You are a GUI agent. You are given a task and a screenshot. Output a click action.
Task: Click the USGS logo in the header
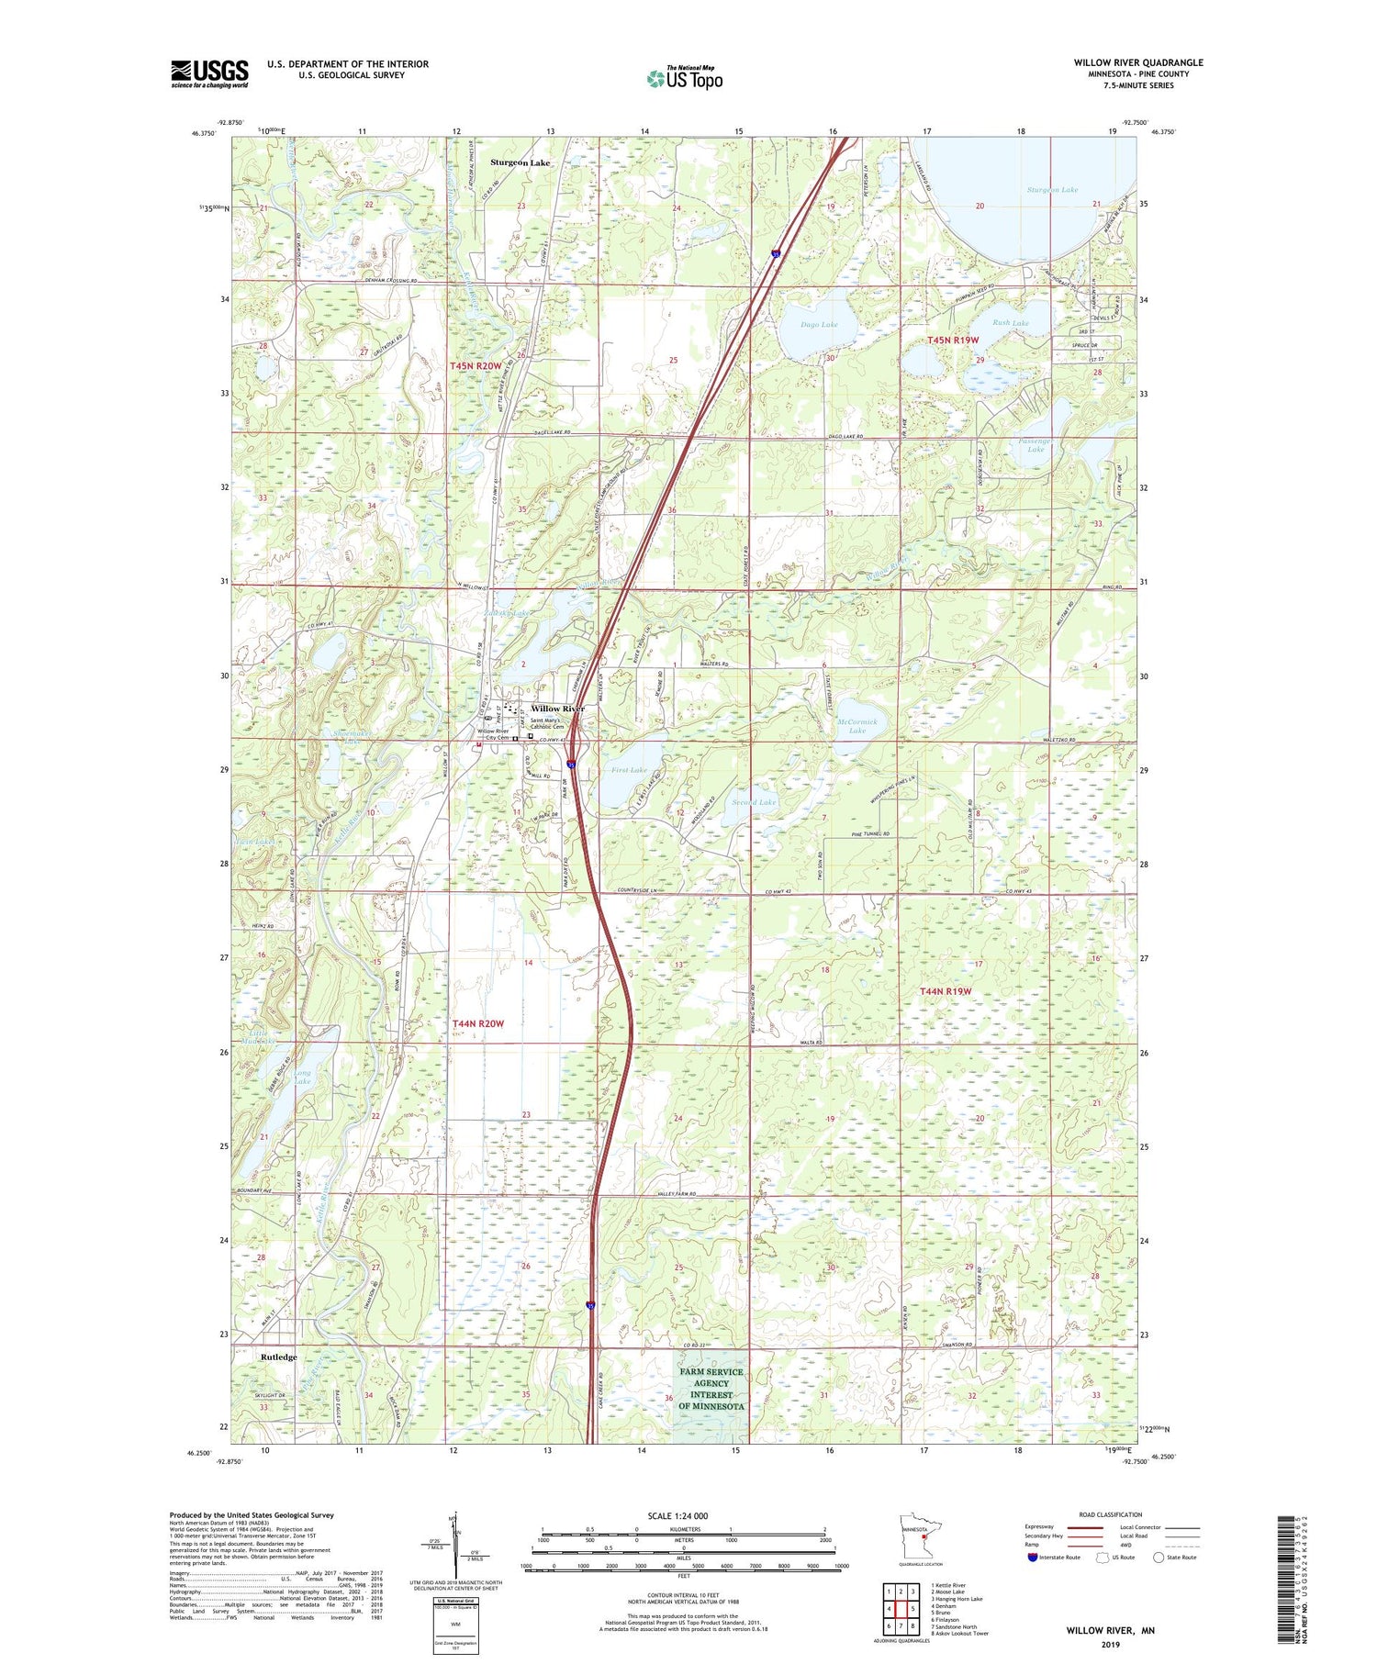pos(209,73)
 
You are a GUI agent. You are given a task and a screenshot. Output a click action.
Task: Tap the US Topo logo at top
pos(684,79)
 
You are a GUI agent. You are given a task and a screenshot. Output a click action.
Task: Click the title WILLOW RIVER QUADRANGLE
pos(1137,62)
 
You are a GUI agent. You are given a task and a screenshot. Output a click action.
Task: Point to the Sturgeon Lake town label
pos(520,162)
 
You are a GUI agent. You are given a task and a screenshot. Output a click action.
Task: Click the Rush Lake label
pos(1010,323)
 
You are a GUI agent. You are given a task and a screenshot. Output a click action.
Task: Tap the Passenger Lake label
pos(1035,445)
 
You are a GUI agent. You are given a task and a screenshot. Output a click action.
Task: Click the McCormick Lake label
pos(857,726)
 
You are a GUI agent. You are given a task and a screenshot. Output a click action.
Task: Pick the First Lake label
pos(629,770)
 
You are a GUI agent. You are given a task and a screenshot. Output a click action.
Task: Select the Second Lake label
pos(754,802)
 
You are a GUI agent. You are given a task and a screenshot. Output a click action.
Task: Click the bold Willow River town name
pos(557,709)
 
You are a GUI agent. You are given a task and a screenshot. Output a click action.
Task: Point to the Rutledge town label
pos(278,1357)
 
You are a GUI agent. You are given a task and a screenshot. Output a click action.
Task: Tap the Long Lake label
pos(303,1077)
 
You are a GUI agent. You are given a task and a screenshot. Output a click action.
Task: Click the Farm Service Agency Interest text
pos(711,1389)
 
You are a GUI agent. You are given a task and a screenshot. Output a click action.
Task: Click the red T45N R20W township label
pos(476,366)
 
